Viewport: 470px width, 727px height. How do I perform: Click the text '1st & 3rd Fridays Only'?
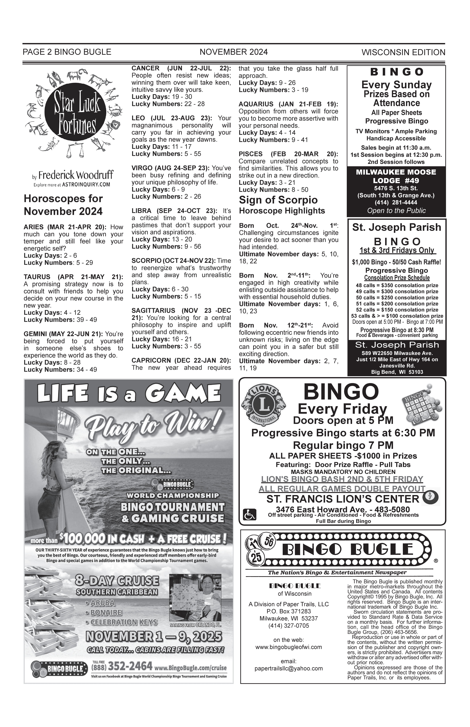point(397,251)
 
